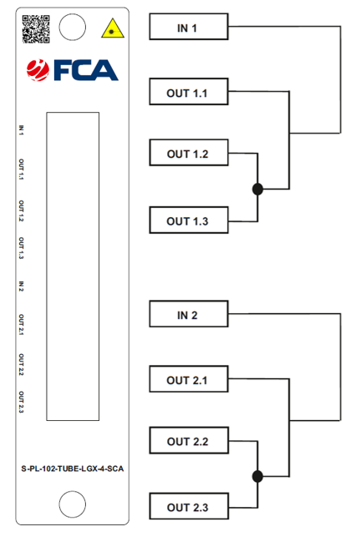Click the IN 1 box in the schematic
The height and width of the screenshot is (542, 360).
coord(189,27)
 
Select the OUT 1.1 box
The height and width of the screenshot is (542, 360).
coord(189,92)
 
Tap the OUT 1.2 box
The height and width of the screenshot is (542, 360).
coord(189,153)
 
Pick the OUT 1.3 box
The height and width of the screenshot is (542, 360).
coord(189,220)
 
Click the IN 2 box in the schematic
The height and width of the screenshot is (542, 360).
coord(189,314)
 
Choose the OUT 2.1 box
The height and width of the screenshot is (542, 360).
coord(189,379)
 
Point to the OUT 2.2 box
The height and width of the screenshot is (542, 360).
coord(189,440)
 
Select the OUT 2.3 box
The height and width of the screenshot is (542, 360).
coord(189,506)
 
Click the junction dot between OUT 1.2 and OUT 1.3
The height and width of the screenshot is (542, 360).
coord(257,189)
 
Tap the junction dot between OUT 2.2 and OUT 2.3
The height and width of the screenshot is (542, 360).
coord(257,476)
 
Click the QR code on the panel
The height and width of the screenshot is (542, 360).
coord(36,29)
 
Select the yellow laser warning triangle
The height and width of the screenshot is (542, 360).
coord(113,28)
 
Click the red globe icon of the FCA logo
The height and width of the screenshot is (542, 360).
coord(38,70)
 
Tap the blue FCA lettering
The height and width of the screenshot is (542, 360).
coord(86,70)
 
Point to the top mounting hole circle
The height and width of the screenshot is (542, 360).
coord(73,27)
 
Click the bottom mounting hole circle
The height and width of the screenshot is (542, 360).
coord(73,504)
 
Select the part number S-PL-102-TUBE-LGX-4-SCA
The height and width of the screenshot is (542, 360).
coord(73,469)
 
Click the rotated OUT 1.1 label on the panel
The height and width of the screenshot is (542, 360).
coord(22,170)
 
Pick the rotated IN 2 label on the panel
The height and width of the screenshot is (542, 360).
coord(22,286)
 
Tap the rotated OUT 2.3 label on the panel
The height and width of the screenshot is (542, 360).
coord(22,402)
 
